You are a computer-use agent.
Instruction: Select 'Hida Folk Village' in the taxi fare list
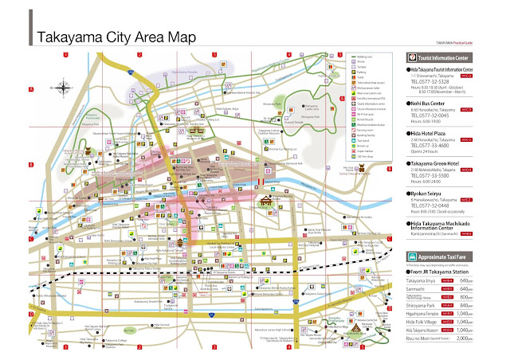click(x=431, y=321)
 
